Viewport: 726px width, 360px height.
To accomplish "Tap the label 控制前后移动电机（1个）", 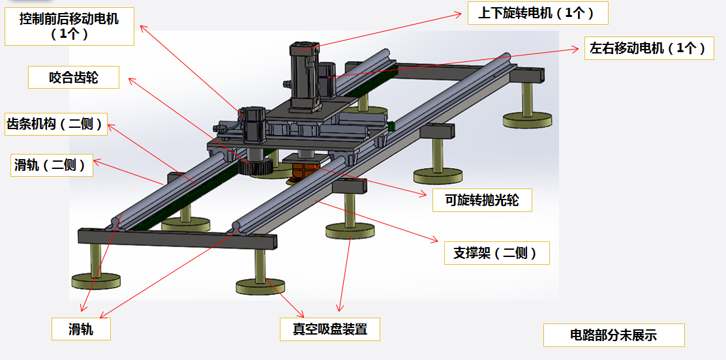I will [x=69, y=27].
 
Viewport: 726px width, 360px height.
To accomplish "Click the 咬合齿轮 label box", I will [x=74, y=78].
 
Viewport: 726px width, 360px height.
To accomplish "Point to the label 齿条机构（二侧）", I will [x=55, y=124].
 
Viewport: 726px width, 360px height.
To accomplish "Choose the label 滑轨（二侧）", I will [x=51, y=165].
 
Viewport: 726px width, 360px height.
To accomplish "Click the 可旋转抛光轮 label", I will [x=482, y=200].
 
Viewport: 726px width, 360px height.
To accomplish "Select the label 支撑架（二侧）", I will [x=495, y=253].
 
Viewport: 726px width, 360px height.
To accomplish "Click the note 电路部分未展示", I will [x=613, y=335].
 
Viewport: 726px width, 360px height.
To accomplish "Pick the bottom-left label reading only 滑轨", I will [x=81, y=329].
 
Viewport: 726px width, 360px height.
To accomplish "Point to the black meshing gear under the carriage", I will [x=256, y=167].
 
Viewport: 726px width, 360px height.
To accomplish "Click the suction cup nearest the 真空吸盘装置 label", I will [x=260, y=286].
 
